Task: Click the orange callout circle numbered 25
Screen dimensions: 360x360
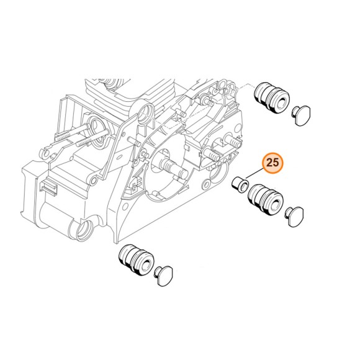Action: [x=272, y=163]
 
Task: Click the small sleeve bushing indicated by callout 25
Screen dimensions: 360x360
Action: [x=238, y=183]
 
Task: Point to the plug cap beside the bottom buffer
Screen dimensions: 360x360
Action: [x=167, y=273]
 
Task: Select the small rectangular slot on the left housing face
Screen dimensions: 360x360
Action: [x=45, y=186]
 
